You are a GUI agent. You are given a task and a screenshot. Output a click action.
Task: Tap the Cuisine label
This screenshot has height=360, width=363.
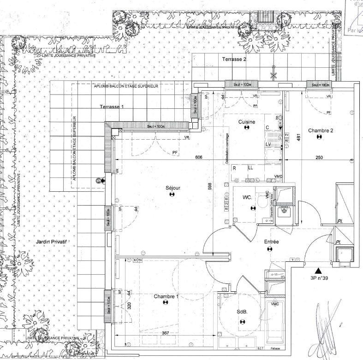pyautogui.click(x=247, y=122)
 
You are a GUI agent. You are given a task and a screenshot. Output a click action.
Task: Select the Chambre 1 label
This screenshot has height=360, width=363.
pyautogui.click(x=166, y=296)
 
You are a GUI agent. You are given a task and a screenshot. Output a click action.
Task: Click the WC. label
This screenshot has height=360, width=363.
pyautogui.click(x=247, y=198)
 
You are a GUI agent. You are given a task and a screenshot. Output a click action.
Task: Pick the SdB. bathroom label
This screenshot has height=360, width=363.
pyautogui.click(x=243, y=312)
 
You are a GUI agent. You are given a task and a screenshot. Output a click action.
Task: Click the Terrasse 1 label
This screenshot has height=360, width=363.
pyautogui.click(x=112, y=106)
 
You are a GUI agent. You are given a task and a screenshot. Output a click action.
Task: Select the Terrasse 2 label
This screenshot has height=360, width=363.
pyautogui.click(x=234, y=59)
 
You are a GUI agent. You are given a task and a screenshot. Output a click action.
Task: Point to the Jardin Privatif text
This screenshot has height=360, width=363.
pyautogui.click(x=52, y=241)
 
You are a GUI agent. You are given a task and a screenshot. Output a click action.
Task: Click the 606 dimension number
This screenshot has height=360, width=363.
pyautogui.click(x=199, y=157)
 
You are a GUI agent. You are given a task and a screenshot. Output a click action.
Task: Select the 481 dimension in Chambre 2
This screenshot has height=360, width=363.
pyautogui.click(x=299, y=136)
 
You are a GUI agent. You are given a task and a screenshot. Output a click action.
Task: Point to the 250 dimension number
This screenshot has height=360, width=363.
pyautogui.click(x=319, y=157)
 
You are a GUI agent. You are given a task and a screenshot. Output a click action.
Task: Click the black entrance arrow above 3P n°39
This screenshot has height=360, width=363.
pyautogui.click(x=317, y=271)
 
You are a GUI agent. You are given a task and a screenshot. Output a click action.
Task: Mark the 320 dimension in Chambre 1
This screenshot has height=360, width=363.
pyautogui.click(x=130, y=306)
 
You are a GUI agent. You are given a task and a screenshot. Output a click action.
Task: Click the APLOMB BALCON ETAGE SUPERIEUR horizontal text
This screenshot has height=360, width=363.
pyautogui.click(x=126, y=86)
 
